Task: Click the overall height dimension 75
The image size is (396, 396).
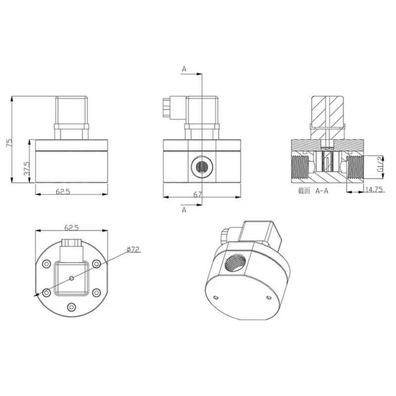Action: pos(8,143)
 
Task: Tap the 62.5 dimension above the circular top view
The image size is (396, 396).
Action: pos(71,228)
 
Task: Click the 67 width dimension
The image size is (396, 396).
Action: pos(198,195)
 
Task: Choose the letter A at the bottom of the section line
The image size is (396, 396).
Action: pos(184,210)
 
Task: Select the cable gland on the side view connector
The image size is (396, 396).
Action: pos(167,105)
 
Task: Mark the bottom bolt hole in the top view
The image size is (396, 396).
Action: pos(71,307)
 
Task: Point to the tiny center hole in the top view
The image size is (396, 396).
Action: pos(71,278)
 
